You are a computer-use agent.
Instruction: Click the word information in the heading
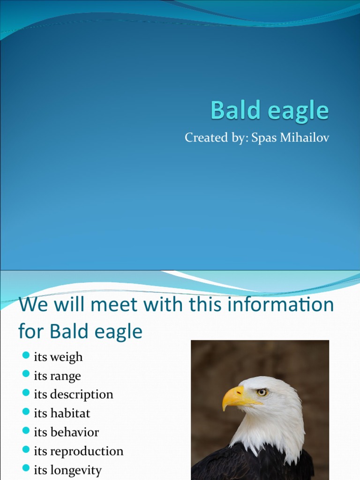click(x=289, y=305)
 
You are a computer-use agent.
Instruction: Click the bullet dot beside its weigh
click(x=26, y=355)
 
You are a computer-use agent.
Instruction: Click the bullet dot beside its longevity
click(x=26, y=469)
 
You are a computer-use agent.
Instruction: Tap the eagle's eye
click(x=262, y=392)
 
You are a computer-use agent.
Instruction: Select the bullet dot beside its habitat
click(x=26, y=412)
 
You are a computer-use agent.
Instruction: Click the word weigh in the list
click(x=66, y=358)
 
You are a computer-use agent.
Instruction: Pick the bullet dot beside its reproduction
click(x=26, y=450)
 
